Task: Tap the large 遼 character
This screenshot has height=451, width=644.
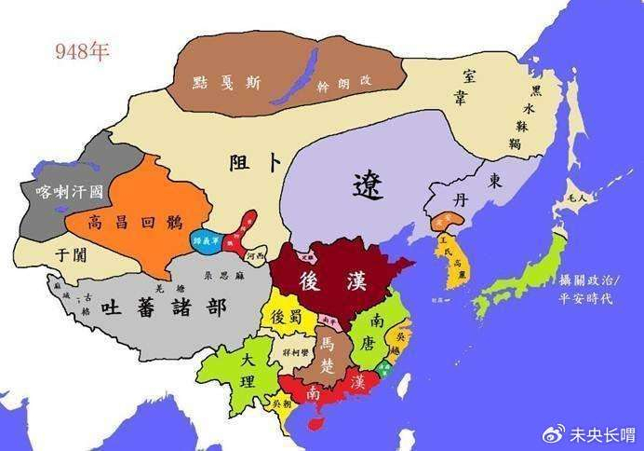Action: (x=369, y=185)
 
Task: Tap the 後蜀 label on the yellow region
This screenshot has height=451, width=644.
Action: (x=284, y=316)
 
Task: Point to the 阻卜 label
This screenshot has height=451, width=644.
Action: (x=256, y=163)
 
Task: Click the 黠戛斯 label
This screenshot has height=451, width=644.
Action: (x=226, y=82)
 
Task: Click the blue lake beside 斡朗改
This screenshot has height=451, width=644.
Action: (x=299, y=74)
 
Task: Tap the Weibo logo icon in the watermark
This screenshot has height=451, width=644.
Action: (x=553, y=431)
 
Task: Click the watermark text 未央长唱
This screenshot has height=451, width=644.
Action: (x=600, y=431)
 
